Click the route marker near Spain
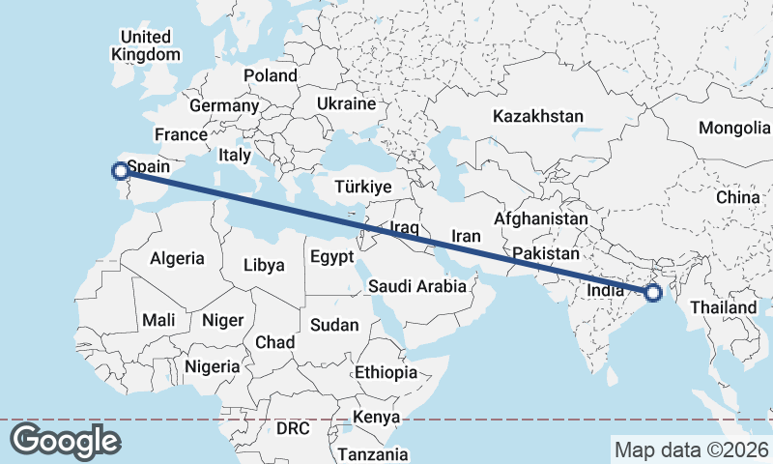[120, 171]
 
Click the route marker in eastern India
[653, 292]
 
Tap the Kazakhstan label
[538, 116]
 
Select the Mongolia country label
[734, 128]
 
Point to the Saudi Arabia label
[417, 286]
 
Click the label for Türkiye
[362, 187]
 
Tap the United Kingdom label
[146, 45]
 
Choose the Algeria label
[177, 258]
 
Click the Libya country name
[264, 264]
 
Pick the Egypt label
[331, 257]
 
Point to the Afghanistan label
[540, 219]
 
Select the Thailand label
[730, 307]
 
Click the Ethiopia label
[386, 372]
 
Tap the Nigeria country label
[212, 366]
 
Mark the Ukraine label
[345, 103]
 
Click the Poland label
[271, 75]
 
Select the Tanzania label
[373, 453]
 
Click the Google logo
[65, 441]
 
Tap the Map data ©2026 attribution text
[691, 449]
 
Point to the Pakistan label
[546, 253]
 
